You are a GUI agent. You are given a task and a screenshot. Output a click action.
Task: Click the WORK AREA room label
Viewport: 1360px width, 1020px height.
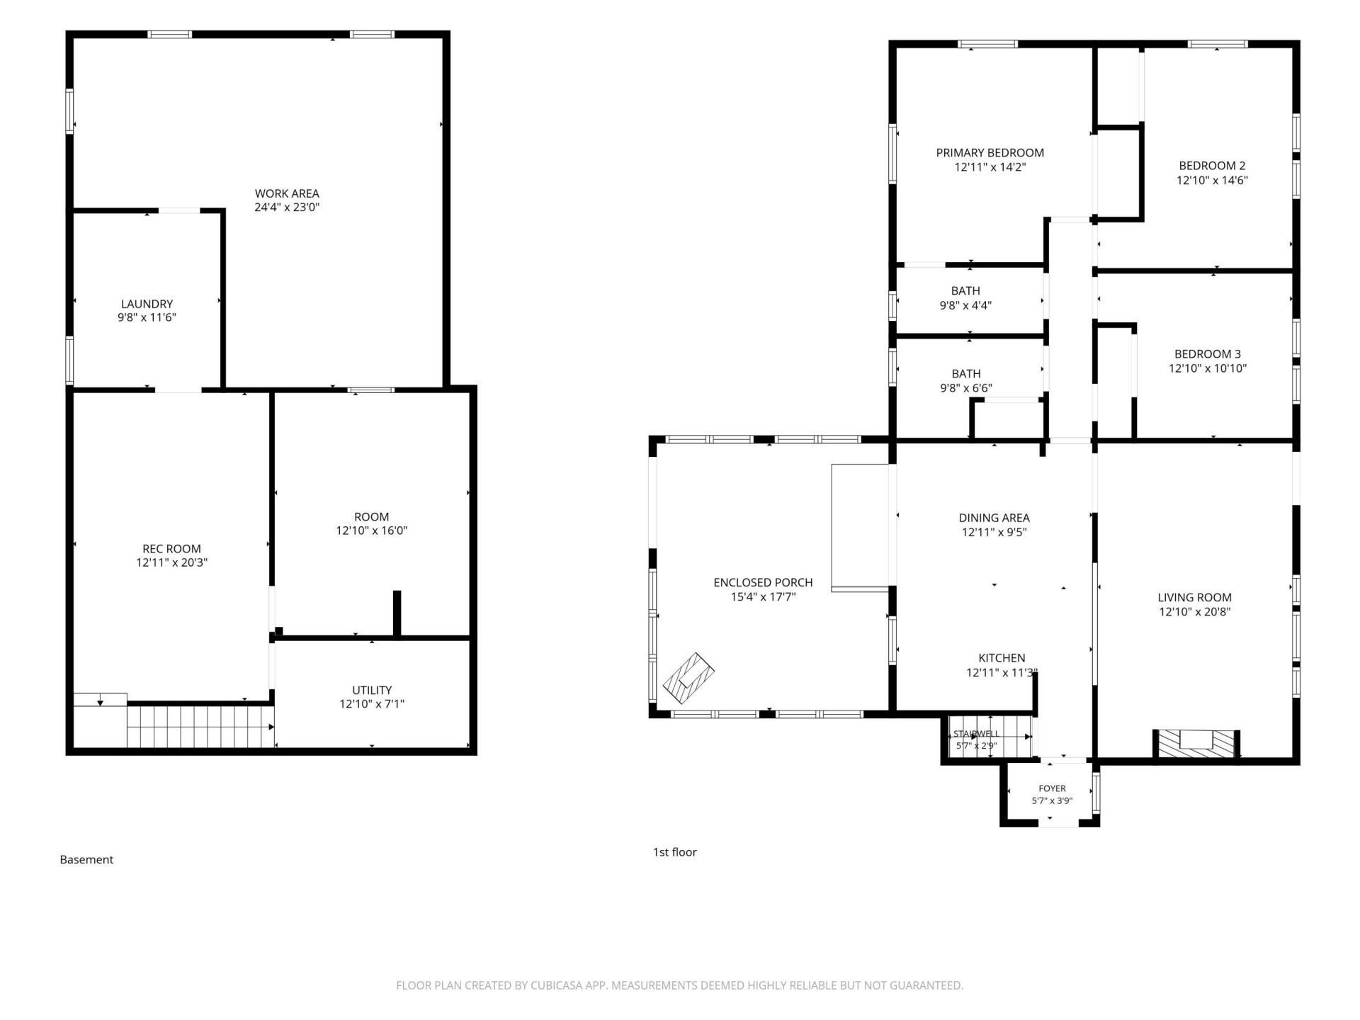coord(287,193)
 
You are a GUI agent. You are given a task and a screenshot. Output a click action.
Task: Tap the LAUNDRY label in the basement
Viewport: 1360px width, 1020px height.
coord(147,304)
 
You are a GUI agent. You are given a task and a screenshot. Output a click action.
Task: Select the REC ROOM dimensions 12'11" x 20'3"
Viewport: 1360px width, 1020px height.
coord(172,562)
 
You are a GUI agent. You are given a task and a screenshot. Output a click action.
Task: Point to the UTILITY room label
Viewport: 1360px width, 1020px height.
coord(372,690)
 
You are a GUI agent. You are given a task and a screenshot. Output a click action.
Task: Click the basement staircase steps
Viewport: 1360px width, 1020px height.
coord(200,726)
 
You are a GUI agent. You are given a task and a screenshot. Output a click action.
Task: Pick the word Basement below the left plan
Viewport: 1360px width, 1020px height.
coord(86,859)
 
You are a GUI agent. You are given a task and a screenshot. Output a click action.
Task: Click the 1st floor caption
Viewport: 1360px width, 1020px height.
coord(674,852)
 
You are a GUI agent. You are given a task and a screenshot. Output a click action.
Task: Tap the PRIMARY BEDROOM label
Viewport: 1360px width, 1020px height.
coord(990,152)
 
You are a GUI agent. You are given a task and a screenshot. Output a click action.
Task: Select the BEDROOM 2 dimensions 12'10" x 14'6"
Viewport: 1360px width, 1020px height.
coord(1212,180)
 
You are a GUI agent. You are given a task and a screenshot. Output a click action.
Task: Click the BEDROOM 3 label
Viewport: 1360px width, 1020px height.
coord(1207,354)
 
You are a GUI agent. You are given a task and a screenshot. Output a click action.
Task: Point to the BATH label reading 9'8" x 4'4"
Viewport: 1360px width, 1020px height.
coord(965,298)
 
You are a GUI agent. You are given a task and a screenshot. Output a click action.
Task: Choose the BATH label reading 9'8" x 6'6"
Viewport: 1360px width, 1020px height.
coord(966,381)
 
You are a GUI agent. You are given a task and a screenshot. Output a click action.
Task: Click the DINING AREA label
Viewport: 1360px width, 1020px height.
coord(994,518)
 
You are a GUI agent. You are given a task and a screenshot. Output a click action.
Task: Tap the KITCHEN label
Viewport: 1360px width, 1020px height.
coord(1002,658)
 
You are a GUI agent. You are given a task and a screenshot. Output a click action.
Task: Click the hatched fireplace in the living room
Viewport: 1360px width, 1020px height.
coord(1197,744)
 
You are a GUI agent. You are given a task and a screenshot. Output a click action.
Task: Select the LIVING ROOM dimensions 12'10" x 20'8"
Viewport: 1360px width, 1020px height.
coord(1194,612)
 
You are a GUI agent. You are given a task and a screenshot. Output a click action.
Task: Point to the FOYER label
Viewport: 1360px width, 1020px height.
coord(1052,788)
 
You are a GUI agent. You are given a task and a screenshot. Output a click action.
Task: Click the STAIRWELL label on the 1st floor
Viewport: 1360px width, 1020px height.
coord(976,733)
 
